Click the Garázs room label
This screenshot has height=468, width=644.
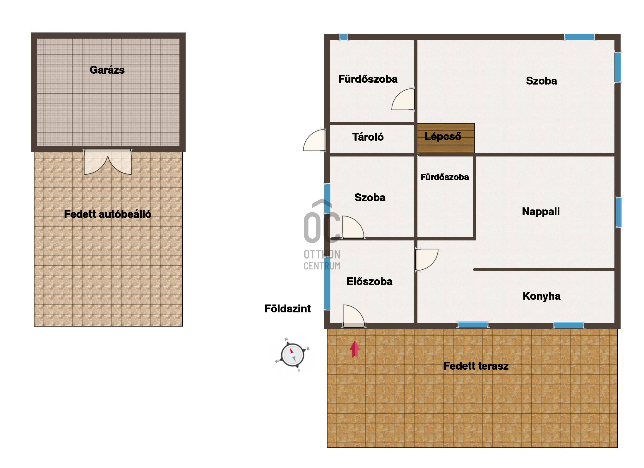coord(107,70)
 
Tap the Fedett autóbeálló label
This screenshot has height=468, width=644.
coord(108,214)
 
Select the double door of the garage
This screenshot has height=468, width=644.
coord(108,162)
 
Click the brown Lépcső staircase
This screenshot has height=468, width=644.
coord(446,138)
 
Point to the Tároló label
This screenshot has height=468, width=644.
coord(368,137)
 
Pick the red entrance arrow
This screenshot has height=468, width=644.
coord(355,349)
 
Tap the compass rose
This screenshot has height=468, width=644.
coord(292,355)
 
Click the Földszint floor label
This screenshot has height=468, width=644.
coord(287,309)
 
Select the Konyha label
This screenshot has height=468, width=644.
coord(542,296)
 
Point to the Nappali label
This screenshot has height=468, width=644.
coord(541,211)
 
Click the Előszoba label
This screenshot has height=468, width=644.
coord(369,281)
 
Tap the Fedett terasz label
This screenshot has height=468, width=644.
coord(476,366)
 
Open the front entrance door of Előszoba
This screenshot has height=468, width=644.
coord(354,316)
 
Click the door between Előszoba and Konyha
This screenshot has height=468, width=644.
coord(427,260)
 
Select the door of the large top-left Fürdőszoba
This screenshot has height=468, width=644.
coord(403,99)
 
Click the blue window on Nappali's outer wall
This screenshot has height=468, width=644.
coord(619,212)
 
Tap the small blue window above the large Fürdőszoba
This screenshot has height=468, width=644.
coord(344,37)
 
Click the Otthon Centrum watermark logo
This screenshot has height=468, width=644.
coord(322,234)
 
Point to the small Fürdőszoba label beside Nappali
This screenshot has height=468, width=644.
coord(445,177)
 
